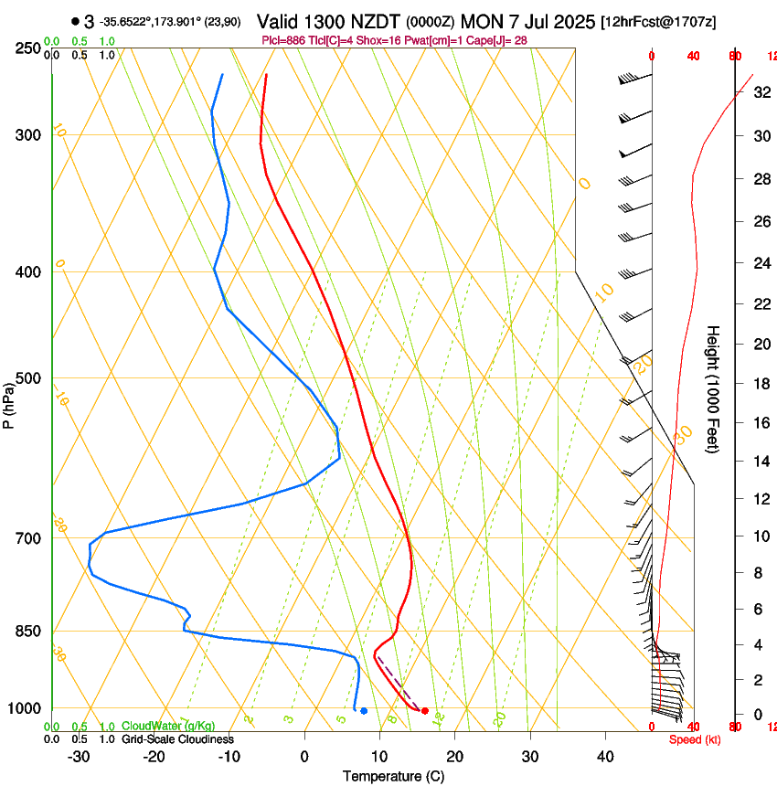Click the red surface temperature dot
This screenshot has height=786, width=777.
[x=425, y=710]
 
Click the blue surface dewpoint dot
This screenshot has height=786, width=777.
[x=364, y=710]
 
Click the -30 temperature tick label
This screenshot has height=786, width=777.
[x=79, y=757]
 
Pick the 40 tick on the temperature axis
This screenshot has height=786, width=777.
[x=605, y=757]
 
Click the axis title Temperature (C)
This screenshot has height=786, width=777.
[x=393, y=776]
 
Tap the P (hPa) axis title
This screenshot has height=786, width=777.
[x=9, y=403]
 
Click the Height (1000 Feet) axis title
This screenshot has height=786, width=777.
[x=713, y=388]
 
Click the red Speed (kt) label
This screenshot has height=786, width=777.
[x=695, y=739]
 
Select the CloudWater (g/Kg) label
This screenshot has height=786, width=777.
[x=168, y=727]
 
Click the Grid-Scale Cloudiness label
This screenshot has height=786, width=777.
[x=177, y=739]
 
